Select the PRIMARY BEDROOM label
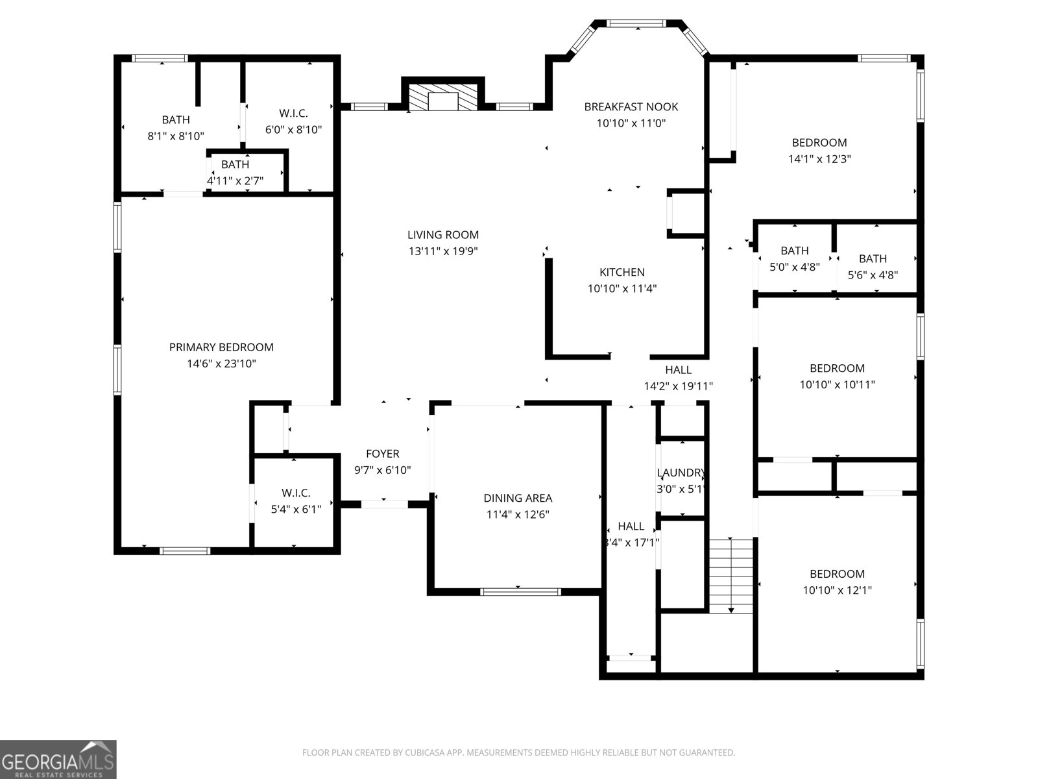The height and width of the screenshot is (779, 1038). (x=221, y=347)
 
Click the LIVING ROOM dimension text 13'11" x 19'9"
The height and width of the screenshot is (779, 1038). (x=443, y=252)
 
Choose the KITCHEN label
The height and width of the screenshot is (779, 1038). (x=622, y=272)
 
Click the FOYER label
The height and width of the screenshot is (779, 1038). (x=382, y=454)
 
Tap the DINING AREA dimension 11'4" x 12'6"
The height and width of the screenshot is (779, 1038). (x=518, y=515)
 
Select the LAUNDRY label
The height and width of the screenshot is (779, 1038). (x=680, y=473)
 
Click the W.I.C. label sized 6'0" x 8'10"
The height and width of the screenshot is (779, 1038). (x=293, y=113)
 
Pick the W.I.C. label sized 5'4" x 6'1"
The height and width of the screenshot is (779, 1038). (x=296, y=493)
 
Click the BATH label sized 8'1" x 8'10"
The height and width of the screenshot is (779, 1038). (x=176, y=119)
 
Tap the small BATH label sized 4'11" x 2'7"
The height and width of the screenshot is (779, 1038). (x=235, y=164)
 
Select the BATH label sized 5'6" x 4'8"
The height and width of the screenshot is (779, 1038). (x=873, y=258)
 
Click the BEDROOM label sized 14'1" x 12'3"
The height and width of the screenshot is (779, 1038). (x=819, y=142)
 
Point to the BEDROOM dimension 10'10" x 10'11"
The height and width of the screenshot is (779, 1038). (x=837, y=385)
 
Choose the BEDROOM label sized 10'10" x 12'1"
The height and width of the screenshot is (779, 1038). (x=837, y=574)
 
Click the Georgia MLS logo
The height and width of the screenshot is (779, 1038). (x=58, y=760)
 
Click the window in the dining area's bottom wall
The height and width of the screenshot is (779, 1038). (x=520, y=591)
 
